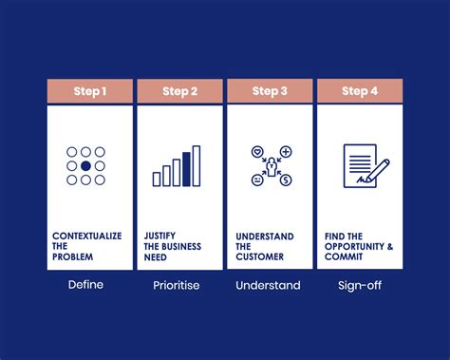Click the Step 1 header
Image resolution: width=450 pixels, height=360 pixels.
pos(89,91)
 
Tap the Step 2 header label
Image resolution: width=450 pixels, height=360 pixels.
pos(179,91)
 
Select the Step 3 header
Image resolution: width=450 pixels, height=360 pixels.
pos(270,91)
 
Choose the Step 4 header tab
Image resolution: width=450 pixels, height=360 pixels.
pos(359,91)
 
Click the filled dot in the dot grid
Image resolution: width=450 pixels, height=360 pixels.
pos(85,166)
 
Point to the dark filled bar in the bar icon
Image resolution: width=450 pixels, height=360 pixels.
pos(186,167)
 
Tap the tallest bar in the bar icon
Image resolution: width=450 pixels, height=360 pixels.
pos(197,165)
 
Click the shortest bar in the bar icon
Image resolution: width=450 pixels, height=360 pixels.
pos(157,178)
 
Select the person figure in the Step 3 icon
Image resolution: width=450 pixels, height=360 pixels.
pos(271,166)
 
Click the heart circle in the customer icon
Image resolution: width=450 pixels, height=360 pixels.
pos(256,152)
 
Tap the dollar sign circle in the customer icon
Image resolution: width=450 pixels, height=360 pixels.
pos(285,180)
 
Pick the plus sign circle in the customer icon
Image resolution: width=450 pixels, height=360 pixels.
pos(285,152)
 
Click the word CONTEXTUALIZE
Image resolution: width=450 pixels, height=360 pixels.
pos(86,236)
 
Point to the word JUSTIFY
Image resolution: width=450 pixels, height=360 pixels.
pos(159,236)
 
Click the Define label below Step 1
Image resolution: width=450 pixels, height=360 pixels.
pos(85,285)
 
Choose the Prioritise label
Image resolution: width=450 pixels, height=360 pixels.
pos(177,285)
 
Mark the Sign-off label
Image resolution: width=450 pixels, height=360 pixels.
pos(359,285)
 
